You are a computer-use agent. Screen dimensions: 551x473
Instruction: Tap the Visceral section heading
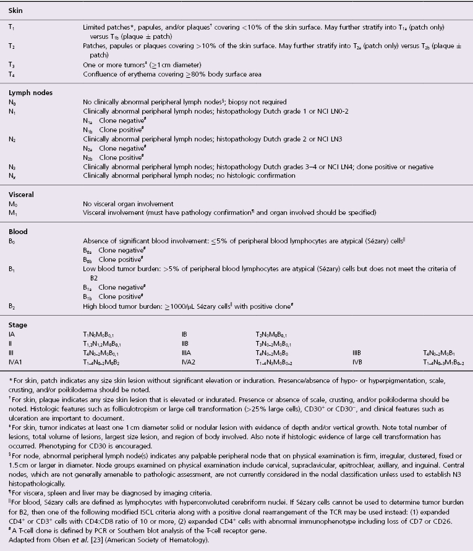click(20, 194)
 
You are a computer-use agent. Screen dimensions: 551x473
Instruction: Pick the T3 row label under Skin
click(12, 64)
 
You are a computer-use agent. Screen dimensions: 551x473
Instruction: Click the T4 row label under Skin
click(12, 74)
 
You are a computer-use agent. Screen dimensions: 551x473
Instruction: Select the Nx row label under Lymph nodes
click(12, 175)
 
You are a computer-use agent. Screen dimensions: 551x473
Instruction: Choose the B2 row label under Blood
click(12, 305)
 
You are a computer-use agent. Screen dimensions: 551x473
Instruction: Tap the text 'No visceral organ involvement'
click(121, 203)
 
